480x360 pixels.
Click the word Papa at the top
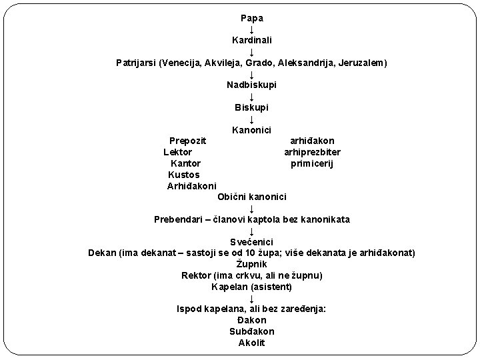point(251,18)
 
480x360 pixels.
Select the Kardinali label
point(251,41)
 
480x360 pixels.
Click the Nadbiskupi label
point(251,85)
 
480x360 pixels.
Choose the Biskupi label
point(251,107)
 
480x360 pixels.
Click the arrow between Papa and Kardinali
point(251,29)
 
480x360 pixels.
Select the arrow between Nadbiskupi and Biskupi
point(251,96)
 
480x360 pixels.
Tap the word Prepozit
point(187,141)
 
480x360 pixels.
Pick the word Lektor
point(178,152)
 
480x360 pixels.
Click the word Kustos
point(184,175)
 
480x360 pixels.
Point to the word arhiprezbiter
point(312,152)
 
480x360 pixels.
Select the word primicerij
point(312,163)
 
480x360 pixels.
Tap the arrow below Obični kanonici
point(251,208)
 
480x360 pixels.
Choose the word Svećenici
point(251,241)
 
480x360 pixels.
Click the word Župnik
point(251,264)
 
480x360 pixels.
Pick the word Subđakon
point(251,331)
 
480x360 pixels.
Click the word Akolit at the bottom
point(251,343)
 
